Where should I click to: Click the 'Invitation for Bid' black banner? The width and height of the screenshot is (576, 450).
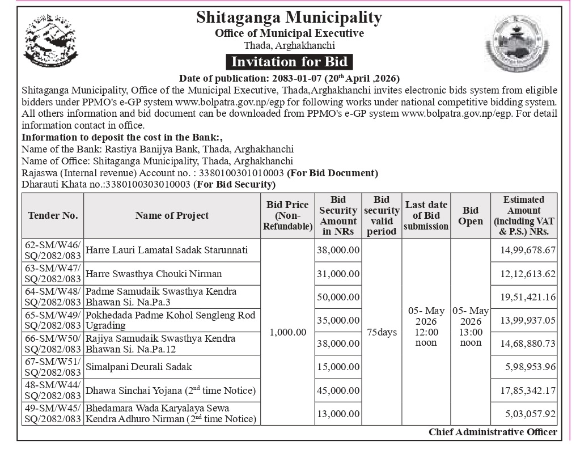[x=289, y=61]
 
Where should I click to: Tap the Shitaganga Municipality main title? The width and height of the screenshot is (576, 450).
[x=289, y=17]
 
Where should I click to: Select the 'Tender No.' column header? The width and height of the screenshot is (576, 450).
[x=53, y=215]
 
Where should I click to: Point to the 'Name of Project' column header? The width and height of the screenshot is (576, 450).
[x=172, y=215]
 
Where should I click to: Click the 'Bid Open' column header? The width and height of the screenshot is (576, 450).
[x=470, y=215]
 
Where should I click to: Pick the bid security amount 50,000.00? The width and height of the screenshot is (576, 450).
[x=338, y=297]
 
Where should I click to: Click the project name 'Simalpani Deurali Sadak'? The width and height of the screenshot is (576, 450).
[x=139, y=367]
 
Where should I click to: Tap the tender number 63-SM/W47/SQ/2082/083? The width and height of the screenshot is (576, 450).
[x=53, y=274]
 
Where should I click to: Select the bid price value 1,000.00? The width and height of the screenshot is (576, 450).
[x=288, y=332]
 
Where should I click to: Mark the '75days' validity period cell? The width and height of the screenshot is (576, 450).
[x=382, y=332]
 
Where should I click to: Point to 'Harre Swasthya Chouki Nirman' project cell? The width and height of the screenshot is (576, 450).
[x=154, y=274]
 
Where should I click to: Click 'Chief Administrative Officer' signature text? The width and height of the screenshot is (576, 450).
[x=493, y=432]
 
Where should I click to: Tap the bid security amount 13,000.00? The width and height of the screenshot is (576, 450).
[x=338, y=414]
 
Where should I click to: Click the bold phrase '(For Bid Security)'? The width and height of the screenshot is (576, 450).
[x=235, y=185]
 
